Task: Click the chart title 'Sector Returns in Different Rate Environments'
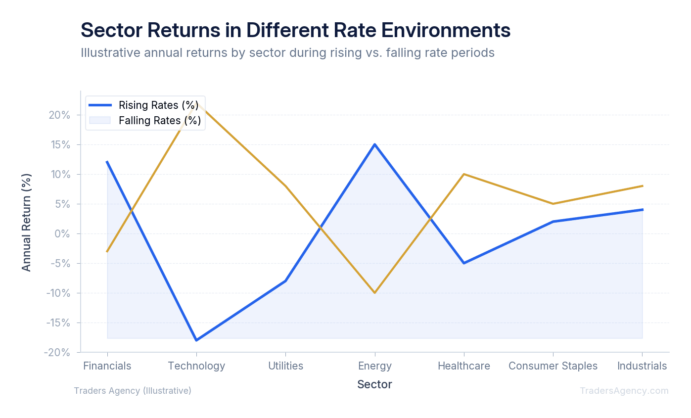point(295,30)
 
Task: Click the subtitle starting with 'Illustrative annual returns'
point(287,52)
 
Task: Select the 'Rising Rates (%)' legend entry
point(158,105)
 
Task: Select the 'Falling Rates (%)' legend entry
point(159,121)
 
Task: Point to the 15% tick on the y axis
point(61,144)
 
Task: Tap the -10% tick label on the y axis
point(59,293)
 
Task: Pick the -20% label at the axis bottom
point(59,352)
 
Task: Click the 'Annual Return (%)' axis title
point(26,222)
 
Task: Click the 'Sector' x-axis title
point(374,384)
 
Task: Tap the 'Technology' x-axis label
point(196,366)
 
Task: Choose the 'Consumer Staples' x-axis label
point(553,366)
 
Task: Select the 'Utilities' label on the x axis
point(285,366)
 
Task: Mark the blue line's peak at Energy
point(375,144)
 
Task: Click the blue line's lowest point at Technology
point(196,340)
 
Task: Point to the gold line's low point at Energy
point(375,293)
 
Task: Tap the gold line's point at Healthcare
point(464,174)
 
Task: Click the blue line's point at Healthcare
point(464,263)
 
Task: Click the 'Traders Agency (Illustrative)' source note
point(133,391)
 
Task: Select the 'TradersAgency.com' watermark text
point(624,391)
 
